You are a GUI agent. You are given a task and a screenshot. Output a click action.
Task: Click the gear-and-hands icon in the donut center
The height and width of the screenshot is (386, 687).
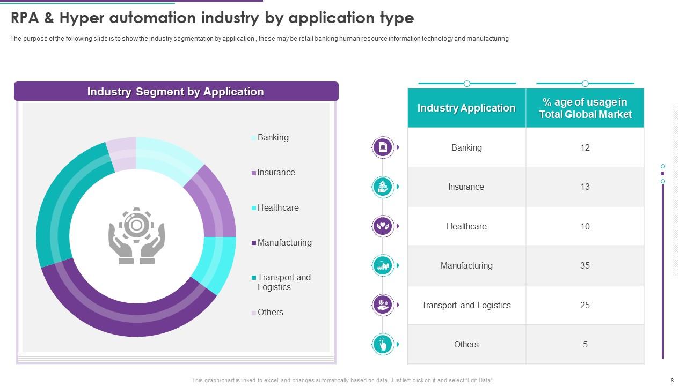coord(136,236)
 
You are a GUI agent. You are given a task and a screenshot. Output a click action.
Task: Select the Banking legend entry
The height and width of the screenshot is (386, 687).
coord(273,138)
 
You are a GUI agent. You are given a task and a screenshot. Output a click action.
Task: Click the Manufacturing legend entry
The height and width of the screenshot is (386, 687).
coord(284,243)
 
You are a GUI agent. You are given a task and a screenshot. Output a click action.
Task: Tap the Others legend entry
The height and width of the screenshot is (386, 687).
coord(270,313)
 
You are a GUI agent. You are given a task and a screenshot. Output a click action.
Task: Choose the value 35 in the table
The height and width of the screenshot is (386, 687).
coord(584,265)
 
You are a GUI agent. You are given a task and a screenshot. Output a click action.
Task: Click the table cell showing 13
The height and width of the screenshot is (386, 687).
coord(584,187)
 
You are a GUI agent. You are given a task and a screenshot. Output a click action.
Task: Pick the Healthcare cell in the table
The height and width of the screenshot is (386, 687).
coord(466,226)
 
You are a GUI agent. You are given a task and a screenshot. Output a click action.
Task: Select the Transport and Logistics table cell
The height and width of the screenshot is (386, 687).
coord(466,305)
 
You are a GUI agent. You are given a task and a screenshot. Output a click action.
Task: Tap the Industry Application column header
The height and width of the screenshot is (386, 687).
coord(466,108)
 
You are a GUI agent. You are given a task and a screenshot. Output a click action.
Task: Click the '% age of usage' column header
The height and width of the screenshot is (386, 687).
coord(584,108)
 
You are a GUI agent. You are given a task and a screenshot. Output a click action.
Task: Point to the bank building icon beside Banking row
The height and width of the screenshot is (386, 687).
coord(383,147)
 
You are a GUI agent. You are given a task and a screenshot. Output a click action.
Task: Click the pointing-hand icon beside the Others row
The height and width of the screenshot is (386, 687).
coord(383,344)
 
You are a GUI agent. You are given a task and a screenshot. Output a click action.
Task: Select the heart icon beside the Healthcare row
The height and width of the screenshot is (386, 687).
coord(383,226)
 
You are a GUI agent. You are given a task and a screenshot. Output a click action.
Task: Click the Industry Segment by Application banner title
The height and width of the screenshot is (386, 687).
coord(176,92)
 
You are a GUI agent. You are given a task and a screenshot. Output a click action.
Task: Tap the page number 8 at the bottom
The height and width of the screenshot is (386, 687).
coord(672,380)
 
